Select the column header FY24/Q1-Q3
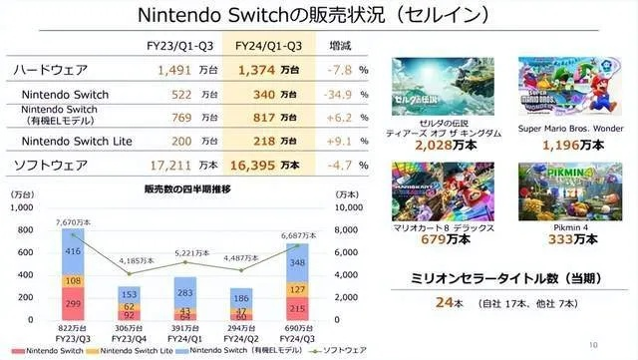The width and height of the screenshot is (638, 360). [x=268, y=46]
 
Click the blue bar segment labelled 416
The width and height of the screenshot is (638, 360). [x=75, y=253]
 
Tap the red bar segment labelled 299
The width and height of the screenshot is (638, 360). [x=75, y=303]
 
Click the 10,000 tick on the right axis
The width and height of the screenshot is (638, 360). [x=344, y=206]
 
